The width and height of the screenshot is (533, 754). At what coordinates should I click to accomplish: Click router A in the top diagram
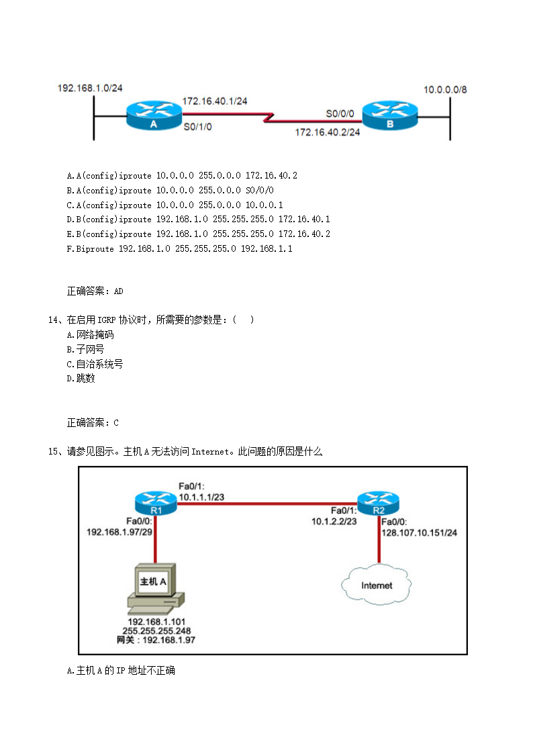click(x=154, y=115)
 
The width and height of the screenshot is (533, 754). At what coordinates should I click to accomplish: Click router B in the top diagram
click(x=389, y=115)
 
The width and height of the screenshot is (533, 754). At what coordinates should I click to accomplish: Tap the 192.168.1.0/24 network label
click(x=90, y=88)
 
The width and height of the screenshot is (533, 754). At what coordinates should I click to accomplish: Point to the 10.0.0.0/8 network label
click(x=445, y=89)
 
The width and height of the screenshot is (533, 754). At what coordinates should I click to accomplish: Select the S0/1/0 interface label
click(x=197, y=126)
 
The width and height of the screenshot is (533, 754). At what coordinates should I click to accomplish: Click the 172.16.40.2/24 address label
click(x=328, y=132)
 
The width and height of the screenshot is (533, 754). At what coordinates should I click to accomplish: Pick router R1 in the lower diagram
click(x=155, y=502)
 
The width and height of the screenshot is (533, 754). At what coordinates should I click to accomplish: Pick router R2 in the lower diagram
click(x=379, y=502)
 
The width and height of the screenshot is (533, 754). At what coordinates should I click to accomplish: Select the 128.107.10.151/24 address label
click(x=419, y=533)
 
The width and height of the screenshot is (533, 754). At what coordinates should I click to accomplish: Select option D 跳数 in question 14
click(x=81, y=379)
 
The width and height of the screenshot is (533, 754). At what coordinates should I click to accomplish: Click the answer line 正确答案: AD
click(x=95, y=291)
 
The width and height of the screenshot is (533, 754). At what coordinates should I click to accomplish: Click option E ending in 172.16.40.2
click(x=198, y=234)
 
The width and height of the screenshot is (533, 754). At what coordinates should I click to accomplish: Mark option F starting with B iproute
click(x=179, y=248)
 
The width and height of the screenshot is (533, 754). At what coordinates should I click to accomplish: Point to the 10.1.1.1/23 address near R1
click(x=201, y=498)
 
